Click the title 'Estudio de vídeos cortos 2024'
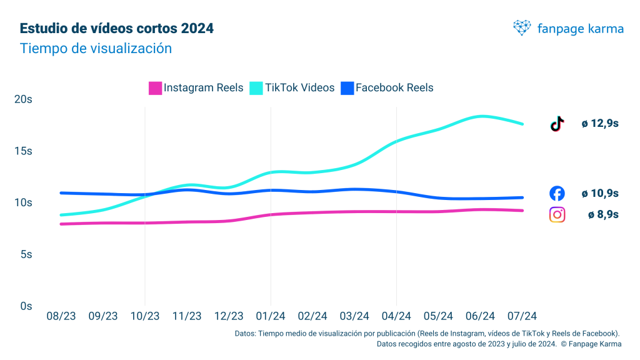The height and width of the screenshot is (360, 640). pyautogui.click(x=117, y=29)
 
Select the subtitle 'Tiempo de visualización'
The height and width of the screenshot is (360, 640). pyautogui.click(x=96, y=48)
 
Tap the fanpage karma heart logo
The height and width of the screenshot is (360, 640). pyautogui.click(x=522, y=27)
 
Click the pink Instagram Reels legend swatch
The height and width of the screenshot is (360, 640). pyautogui.click(x=156, y=88)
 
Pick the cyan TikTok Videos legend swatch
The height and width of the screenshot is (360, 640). pyautogui.click(x=256, y=88)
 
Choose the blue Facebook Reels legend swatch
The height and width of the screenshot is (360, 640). pyautogui.click(x=347, y=88)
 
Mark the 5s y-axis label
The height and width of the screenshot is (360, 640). pyautogui.click(x=26, y=254)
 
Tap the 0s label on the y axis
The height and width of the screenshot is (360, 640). pyautogui.click(x=26, y=306)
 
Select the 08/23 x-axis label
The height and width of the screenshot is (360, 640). pyautogui.click(x=61, y=317)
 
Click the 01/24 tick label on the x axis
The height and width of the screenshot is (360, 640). pyautogui.click(x=271, y=317)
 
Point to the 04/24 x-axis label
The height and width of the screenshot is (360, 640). pyautogui.click(x=396, y=317)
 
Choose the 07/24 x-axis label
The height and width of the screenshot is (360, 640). pyautogui.click(x=522, y=317)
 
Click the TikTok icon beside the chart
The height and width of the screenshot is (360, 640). pyautogui.click(x=557, y=124)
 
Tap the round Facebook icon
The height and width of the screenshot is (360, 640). pyautogui.click(x=557, y=194)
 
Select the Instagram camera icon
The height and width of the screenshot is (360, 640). pyautogui.click(x=557, y=214)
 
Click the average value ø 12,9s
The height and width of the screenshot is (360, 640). pyautogui.click(x=600, y=124)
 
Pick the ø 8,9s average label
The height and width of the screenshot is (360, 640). pyautogui.click(x=603, y=215)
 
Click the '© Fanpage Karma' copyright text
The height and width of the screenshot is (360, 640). pyautogui.click(x=591, y=344)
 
